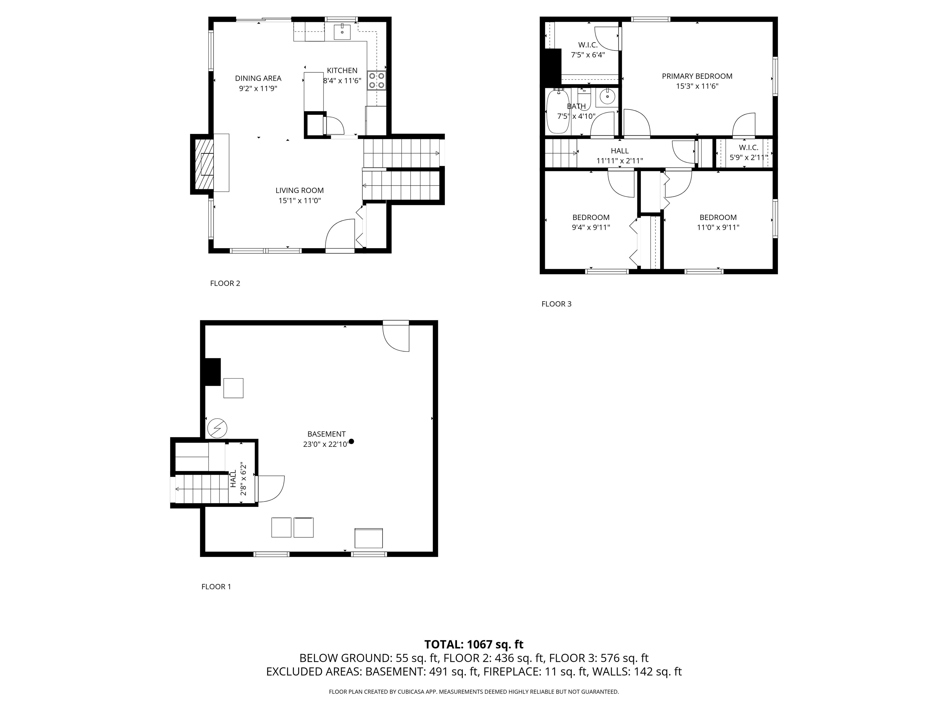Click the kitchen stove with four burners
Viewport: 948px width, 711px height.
point(376,80)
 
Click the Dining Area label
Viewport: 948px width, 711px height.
point(258,78)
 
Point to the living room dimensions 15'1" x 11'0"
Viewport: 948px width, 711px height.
point(300,201)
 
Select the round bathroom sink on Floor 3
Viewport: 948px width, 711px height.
point(607,97)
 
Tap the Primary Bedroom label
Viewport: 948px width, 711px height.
point(697,76)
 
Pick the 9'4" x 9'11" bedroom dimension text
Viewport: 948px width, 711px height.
point(591,227)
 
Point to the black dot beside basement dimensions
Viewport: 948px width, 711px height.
point(351,441)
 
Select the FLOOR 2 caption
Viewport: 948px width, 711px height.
point(225,283)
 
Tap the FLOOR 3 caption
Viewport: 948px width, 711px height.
point(556,304)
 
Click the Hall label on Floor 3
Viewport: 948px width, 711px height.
point(619,151)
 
